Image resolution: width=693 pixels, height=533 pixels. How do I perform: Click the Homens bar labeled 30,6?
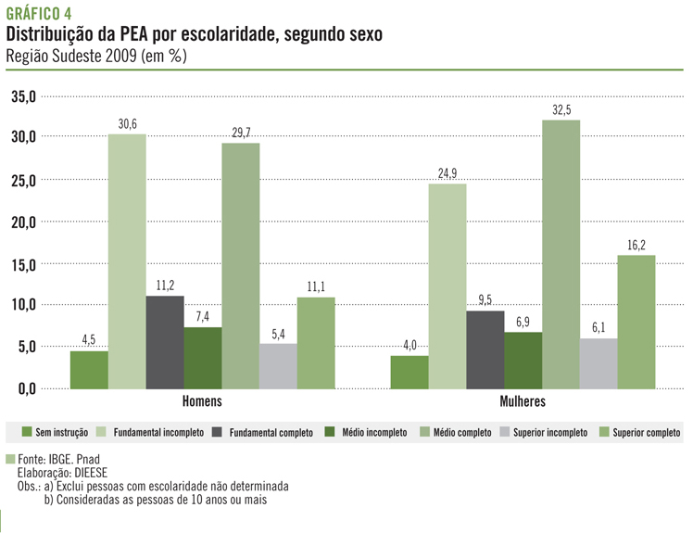127,260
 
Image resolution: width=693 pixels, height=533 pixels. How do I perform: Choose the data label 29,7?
240,133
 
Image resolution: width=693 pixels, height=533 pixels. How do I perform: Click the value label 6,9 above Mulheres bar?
523,321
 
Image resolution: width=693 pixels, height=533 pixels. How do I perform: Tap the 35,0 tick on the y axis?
23,96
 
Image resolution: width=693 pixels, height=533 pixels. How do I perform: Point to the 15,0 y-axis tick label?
23,264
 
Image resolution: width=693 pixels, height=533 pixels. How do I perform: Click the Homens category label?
202,402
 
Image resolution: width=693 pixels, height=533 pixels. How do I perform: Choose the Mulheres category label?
522,402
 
